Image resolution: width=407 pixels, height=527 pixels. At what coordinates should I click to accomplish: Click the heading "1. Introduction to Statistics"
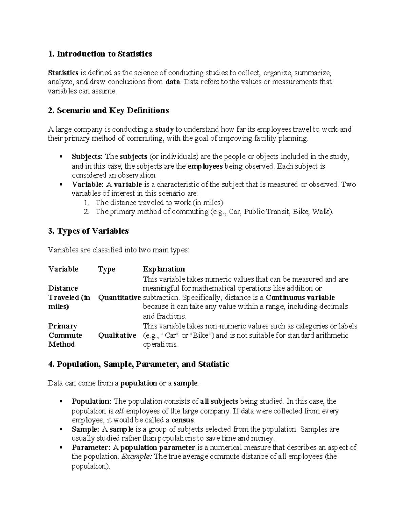click(100, 54)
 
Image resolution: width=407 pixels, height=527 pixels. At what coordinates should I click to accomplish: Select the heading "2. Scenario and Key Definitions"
click(108, 111)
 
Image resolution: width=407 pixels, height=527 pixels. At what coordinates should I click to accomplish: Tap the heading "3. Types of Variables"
click(88, 231)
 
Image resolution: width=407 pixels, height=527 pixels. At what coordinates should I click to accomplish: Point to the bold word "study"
click(164, 129)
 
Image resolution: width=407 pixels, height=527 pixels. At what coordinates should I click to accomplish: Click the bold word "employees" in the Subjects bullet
click(205, 166)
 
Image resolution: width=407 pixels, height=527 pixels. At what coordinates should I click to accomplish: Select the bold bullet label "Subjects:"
click(87, 157)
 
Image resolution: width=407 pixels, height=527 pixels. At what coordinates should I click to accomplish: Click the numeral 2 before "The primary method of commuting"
click(86, 212)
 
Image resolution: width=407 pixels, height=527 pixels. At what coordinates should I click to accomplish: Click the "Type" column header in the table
click(106, 269)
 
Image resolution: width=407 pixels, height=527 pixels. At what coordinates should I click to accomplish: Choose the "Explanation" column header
click(164, 269)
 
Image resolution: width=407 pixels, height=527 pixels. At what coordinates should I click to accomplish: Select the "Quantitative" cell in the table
click(119, 298)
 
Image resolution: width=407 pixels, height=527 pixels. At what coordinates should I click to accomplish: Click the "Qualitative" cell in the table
click(117, 336)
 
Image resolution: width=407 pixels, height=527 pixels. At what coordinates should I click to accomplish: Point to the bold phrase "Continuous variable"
click(300, 298)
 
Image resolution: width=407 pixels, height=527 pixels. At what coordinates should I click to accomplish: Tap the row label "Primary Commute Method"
click(65, 335)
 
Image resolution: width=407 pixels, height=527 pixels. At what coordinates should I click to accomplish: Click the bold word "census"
click(183, 420)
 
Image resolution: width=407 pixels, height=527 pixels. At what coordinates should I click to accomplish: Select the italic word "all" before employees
click(120, 411)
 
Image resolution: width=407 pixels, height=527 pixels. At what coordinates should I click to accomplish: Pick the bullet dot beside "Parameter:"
click(61, 448)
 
